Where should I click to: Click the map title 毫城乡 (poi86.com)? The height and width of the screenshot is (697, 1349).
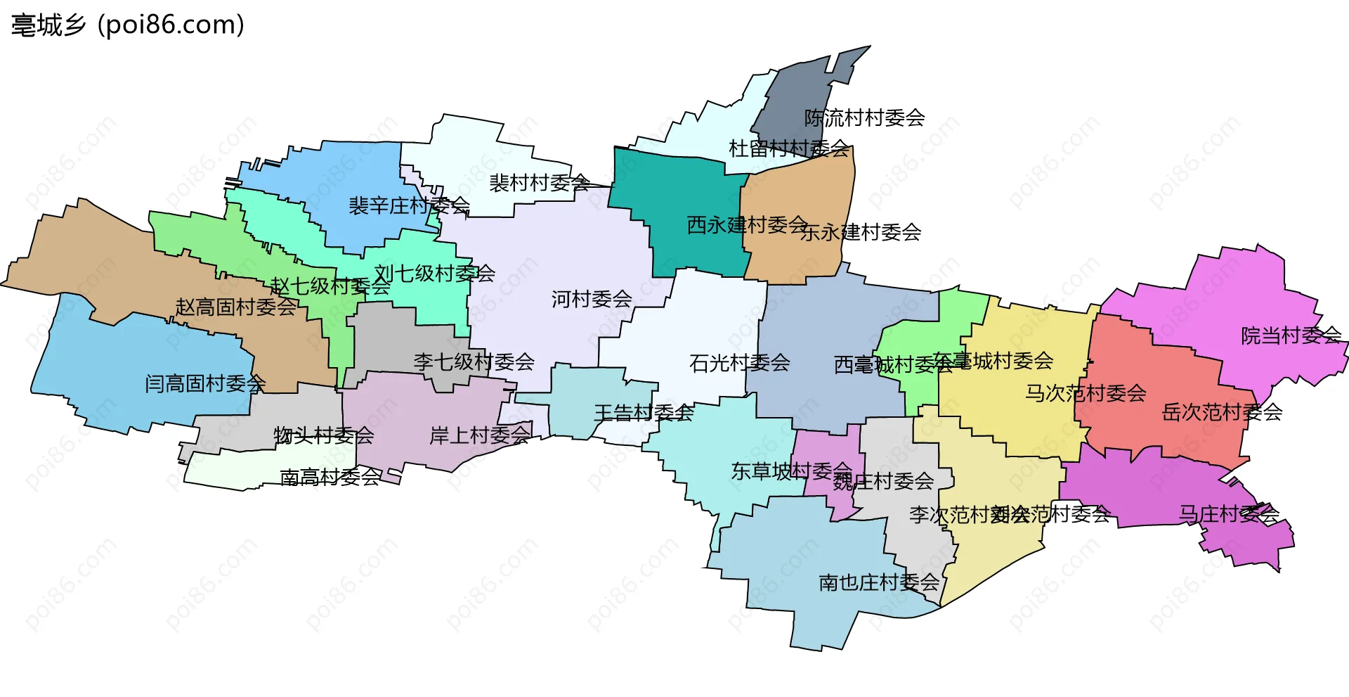[x=128, y=25]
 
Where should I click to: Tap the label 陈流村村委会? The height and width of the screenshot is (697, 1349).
[x=864, y=118]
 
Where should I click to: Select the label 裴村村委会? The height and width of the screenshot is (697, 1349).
[x=540, y=183]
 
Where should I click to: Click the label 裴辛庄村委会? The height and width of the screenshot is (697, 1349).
[x=409, y=206]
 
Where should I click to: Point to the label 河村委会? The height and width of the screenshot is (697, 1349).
[x=592, y=300]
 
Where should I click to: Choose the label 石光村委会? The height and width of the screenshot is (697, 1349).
[x=739, y=363]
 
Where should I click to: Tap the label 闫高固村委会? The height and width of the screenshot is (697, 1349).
[x=205, y=384]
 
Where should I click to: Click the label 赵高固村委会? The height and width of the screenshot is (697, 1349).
[x=236, y=307]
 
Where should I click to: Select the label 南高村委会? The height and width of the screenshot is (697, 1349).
[x=330, y=478]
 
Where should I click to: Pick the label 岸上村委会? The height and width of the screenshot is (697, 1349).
[x=480, y=436]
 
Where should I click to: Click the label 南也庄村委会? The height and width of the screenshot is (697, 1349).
[x=879, y=582]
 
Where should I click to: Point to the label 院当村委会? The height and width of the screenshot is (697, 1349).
[x=1291, y=336]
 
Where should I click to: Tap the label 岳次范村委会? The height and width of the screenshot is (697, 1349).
[x=1222, y=412]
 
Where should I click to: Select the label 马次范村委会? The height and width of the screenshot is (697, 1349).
[x=1086, y=393]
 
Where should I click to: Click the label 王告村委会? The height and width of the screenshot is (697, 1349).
[x=644, y=413]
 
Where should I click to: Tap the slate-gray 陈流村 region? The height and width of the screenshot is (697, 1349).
[x=794, y=98]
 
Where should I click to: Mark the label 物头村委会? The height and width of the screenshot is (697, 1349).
[x=324, y=436]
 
